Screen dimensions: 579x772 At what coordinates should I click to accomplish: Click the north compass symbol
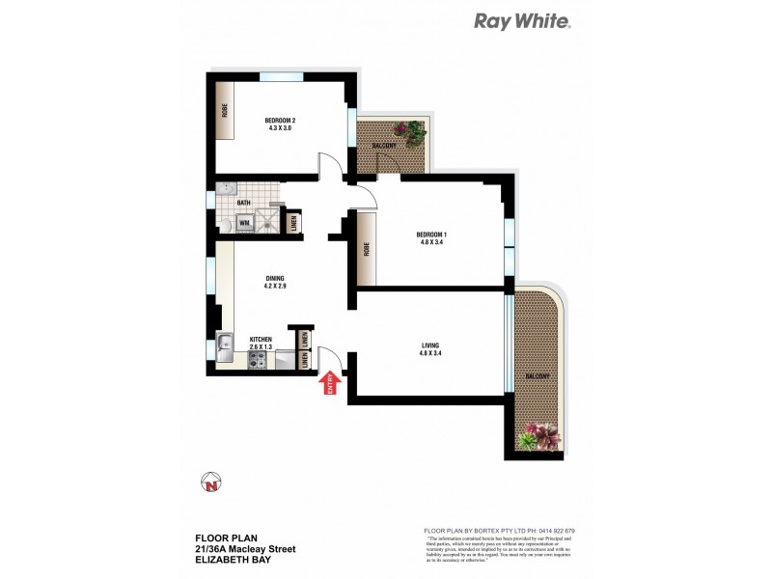coord(211,484)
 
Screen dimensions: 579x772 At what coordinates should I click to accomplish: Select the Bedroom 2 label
coord(279,122)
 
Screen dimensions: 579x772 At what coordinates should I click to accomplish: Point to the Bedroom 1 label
coord(430,234)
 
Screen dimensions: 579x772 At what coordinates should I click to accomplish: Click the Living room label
coord(431,344)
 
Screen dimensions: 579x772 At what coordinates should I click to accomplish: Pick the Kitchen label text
coord(262,340)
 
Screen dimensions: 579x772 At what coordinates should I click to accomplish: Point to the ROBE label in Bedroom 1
coord(366,248)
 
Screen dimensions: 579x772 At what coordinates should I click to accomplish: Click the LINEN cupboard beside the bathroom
coord(294,224)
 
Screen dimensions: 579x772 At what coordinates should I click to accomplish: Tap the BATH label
coord(244,203)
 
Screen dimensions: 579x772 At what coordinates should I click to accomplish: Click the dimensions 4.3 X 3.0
coord(279,130)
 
